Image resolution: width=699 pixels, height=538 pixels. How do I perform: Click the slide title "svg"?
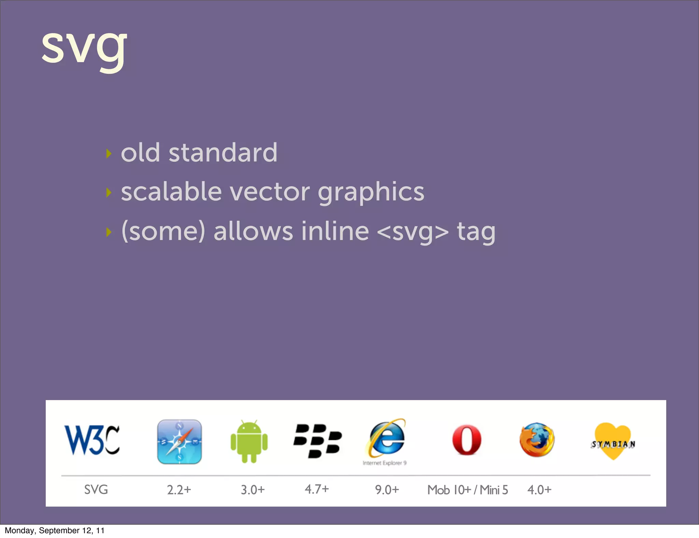point(84,48)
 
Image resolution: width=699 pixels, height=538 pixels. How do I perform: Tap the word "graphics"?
point(371,193)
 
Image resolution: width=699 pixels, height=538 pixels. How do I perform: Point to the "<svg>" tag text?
point(413,232)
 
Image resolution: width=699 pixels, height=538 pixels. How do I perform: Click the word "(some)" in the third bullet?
point(163,232)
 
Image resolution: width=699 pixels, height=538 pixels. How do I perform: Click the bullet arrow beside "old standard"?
point(109,154)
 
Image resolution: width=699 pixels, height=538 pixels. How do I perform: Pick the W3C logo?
point(92,440)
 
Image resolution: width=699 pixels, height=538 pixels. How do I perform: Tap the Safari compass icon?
point(180,442)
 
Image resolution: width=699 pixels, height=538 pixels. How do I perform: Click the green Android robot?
point(249,441)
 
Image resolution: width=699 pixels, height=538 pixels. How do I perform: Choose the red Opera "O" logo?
point(467,440)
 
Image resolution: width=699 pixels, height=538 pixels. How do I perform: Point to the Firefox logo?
point(537,440)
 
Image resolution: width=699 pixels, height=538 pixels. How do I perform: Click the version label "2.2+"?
point(179,490)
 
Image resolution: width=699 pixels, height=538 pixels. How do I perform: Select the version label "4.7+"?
point(317,489)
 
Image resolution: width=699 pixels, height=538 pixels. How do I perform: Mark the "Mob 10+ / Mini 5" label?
point(468,490)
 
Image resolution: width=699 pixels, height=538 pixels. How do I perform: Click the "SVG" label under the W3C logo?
point(96,490)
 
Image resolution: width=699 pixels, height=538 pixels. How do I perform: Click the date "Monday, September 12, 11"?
point(55,530)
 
